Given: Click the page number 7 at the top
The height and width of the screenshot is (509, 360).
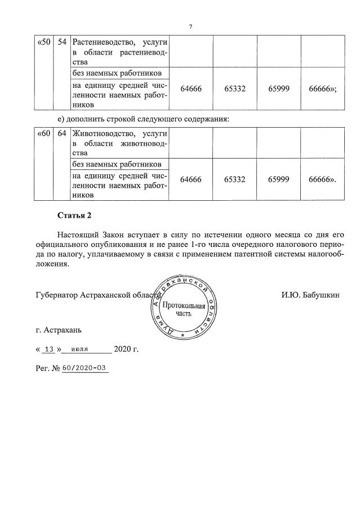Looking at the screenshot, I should coord(190,26).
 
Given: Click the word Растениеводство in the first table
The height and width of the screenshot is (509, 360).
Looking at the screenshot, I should coord(101,43).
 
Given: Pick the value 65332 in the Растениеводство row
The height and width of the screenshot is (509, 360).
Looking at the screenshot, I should coord(235,89).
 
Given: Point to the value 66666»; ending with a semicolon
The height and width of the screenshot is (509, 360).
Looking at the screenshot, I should coord(323,89).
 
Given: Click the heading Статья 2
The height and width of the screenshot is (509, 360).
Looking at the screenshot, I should coord(73,215).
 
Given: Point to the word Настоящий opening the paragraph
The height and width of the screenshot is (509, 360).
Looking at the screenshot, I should coord(77,233).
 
